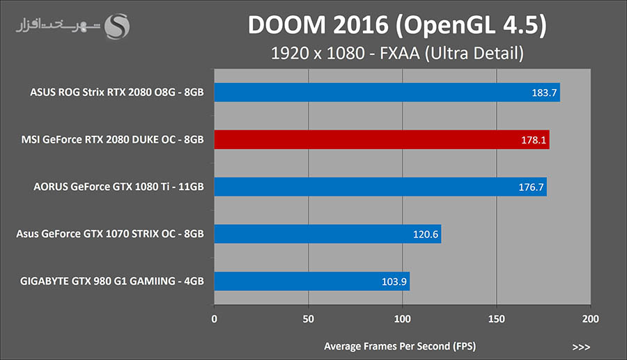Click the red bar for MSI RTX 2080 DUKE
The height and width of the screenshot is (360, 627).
pyautogui.click(x=381, y=139)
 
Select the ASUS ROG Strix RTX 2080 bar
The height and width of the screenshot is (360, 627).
pyautogui.click(x=387, y=93)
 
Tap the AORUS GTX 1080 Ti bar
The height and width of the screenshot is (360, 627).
pyautogui.click(x=380, y=187)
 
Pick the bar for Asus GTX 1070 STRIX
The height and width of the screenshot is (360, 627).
pyautogui.click(x=327, y=234)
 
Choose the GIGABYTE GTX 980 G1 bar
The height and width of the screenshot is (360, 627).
pyautogui.click(x=311, y=281)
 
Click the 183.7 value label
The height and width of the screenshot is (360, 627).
pyautogui.click(x=544, y=93)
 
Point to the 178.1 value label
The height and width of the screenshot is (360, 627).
pyautogui.click(x=534, y=139)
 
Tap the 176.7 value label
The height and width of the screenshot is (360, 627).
pyautogui.click(x=531, y=187)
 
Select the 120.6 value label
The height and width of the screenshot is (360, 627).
pyautogui.click(x=425, y=234)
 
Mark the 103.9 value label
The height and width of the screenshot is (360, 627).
pyautogui.click(x=394, y=281)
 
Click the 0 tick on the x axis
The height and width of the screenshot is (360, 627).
pyautogui.click(x=214, y=319)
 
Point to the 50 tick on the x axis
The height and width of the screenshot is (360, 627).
pyautogui.click(x=308, y=319)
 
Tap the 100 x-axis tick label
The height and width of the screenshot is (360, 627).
pyautogui.click(x=402, y=319)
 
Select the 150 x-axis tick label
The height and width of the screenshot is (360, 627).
pyautogui.click(x=496, y=319)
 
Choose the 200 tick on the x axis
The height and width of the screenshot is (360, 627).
pyautogui.click(x=590, y=319)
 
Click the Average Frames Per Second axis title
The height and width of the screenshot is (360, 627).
pyautogui.click(x=400, y=346)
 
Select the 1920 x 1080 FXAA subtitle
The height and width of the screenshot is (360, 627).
pyautogui.click(x=397, y=53)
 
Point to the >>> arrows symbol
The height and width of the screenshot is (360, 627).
pyautogui.click(x=581, y=346)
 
